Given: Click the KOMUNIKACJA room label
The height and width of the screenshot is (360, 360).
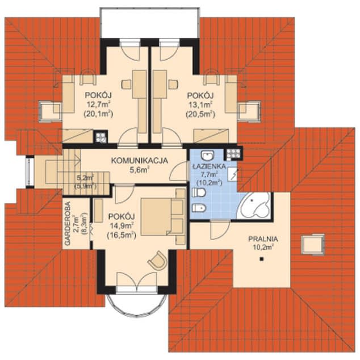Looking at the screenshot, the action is click(x=140, y=161).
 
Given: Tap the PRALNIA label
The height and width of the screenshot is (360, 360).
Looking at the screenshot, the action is click(x=263, y=239).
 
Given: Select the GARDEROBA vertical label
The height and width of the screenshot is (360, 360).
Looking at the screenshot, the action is click(x=68, y=224).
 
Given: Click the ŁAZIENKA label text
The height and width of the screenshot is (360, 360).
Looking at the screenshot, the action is click(x=209, y=166).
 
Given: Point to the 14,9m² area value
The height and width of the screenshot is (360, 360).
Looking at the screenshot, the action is click(x=122, y=226).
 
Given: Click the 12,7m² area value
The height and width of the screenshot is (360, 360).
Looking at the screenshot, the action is click(x=98, y=104).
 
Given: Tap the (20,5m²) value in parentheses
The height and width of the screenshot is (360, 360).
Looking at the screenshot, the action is click(x=200, y=114).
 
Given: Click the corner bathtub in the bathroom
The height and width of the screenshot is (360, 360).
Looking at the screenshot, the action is click(x=254, y=205).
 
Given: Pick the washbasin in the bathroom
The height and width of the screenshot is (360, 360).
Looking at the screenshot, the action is click(x=208, y=156).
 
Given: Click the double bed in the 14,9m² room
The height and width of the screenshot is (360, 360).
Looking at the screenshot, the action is click(x=163, y=217).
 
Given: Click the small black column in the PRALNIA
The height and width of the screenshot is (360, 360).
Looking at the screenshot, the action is click(x=261, y=259).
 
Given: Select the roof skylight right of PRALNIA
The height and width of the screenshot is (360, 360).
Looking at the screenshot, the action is click(x=313, y=244).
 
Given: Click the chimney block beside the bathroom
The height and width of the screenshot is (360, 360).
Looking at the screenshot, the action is click(x=233, y=153).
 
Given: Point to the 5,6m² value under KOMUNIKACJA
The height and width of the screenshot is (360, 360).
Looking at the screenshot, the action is click(x=140, y=170).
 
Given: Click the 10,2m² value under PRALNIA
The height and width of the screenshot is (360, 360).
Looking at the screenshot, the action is click(x=263, y=247).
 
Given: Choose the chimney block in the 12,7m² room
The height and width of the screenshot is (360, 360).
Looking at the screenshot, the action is click(x=101, y=137).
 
